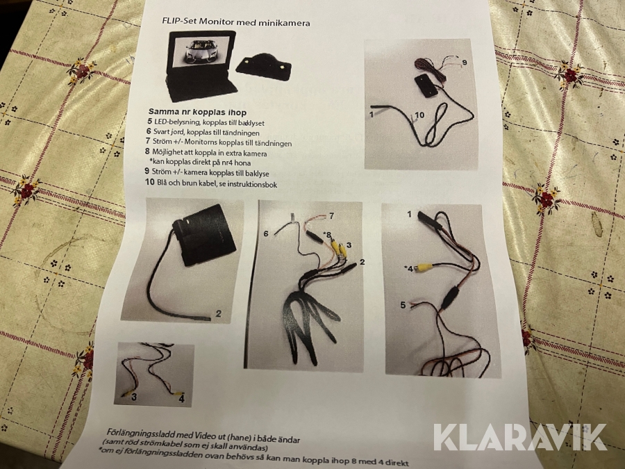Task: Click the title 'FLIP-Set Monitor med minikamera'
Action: point(236,22)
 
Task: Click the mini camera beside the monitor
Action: point(263,65)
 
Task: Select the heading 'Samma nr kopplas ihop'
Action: point(197,112)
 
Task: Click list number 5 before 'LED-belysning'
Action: point(149,121)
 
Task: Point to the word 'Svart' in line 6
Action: point(162,131)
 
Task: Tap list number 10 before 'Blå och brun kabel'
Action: point(150,182)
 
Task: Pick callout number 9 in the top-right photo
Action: point(465,63)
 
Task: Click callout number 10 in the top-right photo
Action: point(419,115)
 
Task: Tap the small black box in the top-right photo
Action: point(426,85)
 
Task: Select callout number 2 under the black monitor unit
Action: point(218,313)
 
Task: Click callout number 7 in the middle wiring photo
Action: point(331,216)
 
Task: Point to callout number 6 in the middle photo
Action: point(266,233)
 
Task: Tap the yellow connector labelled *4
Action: point(422,268)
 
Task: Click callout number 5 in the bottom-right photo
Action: point(403,305)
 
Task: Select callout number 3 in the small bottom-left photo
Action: point(134,397)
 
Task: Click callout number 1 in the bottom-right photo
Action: point(409,215)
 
